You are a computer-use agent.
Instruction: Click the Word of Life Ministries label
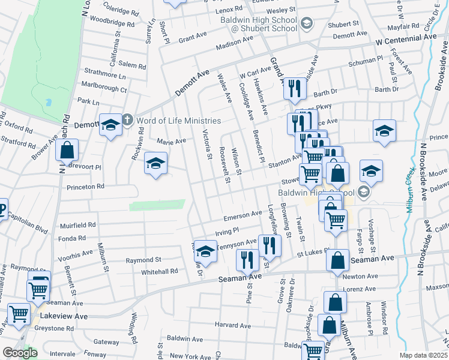(x=178, y=121)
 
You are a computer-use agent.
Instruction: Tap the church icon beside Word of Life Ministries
(x=127, y=120)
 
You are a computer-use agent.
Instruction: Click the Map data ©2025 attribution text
(x=424, y=355)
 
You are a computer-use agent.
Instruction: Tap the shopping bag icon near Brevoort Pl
(x=67, y=150)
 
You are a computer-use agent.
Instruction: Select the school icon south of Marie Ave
(x=155, y=164)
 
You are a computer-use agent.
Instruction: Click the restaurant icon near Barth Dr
(x=294, y=88)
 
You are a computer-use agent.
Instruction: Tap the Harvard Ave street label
(x=233, y=325)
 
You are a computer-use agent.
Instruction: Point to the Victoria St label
(x=207, y=145)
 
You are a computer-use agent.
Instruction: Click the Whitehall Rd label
(x=160, y=271)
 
